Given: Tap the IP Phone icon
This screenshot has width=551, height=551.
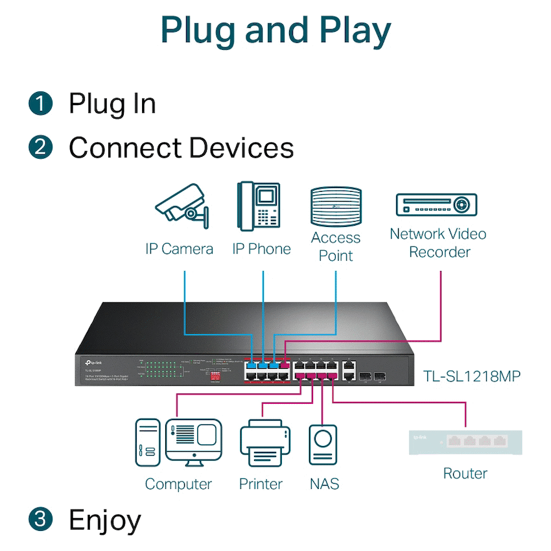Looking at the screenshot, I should tap(259, 205).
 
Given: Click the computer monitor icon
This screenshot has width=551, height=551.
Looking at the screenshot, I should tap(193, 441).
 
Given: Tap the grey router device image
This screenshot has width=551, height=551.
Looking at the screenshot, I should tap(465, 441).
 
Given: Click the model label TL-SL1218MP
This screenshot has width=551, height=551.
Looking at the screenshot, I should tap(471, 376).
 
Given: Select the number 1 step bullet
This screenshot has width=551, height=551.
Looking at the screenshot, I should tap(40, 104).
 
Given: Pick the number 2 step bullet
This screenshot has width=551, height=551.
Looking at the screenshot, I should tap(40, 148).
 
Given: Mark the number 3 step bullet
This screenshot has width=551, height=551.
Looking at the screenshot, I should tap(40, 519).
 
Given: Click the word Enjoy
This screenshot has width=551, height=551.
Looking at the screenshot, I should tap(105, 520).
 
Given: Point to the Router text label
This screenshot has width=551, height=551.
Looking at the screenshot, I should tap(465, 473).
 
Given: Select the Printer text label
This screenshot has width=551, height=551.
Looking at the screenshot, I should tap(261, 484).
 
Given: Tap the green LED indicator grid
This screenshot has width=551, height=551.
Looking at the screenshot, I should tap(161, 370).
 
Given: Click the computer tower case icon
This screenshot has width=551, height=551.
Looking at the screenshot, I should tap(148, 443).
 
